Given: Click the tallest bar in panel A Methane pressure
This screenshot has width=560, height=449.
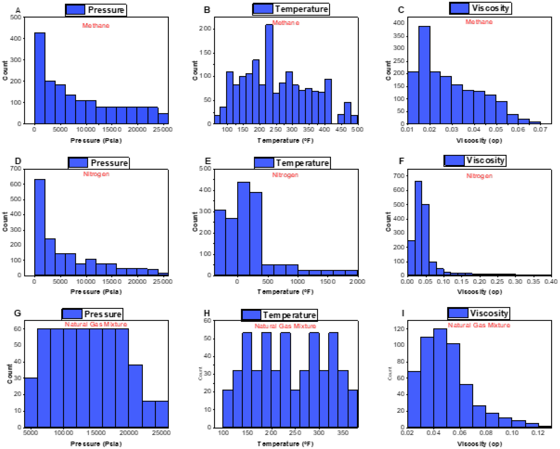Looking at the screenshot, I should (40, 78).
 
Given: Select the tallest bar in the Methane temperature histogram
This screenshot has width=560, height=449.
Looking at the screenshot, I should (269, 74).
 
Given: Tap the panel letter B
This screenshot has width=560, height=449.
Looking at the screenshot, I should (207, 10).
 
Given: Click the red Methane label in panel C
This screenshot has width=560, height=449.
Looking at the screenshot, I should (479, 22).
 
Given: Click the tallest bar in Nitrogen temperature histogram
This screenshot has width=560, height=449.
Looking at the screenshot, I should (243, 229).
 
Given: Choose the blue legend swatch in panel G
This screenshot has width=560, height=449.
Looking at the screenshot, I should (72, 314).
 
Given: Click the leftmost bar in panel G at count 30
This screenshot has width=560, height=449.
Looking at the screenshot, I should (31, 402).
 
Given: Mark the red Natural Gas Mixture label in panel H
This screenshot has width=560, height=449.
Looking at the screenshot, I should (285, 326).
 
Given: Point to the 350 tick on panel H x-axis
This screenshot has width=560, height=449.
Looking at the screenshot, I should (343, 433).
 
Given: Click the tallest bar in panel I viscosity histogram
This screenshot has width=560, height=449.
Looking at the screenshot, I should (440, 378).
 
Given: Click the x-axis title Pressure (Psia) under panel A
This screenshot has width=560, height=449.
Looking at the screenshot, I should (96, 140).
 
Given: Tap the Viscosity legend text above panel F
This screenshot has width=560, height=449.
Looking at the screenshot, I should (486, 160).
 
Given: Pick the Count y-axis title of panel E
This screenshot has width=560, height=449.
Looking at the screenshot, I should (195, 222).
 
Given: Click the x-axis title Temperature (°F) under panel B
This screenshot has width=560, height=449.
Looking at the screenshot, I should (285, 140).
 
